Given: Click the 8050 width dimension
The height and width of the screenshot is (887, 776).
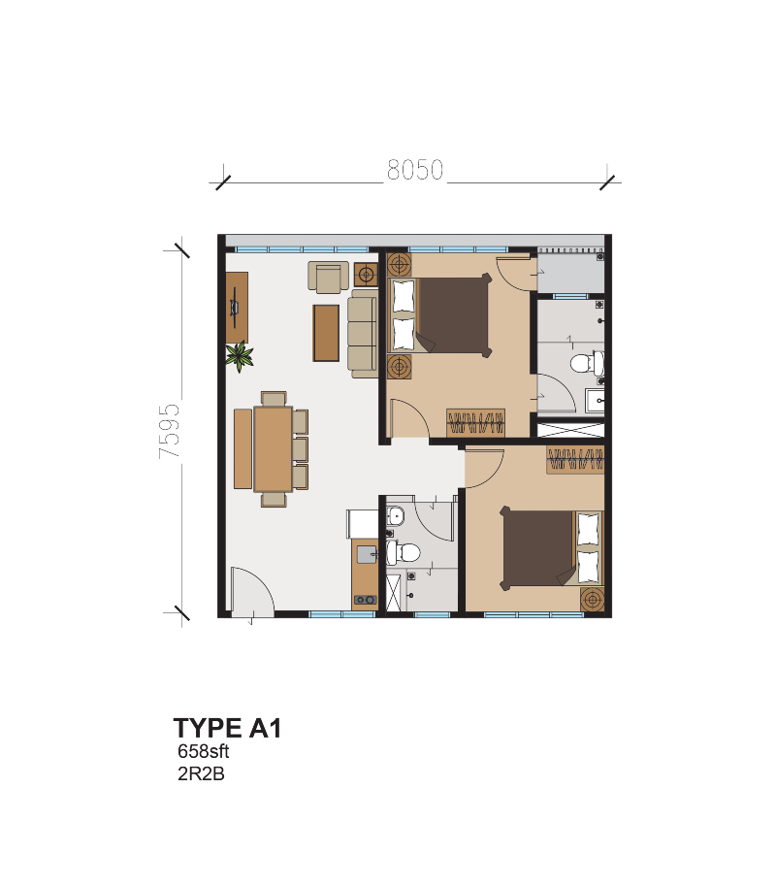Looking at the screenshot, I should point(414,170).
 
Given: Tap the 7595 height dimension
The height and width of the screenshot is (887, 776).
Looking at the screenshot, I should point(170,430).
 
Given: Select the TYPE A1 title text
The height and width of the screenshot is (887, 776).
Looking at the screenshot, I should point(227,728).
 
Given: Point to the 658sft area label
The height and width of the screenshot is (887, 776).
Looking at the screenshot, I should point(203,751).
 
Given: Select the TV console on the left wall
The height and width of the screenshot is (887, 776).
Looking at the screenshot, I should point(237,307).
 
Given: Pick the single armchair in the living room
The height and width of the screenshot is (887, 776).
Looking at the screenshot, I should point(329,277).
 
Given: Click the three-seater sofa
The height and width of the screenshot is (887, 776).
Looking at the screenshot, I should point(364,333).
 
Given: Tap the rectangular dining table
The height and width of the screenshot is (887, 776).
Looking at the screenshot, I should point(273,448).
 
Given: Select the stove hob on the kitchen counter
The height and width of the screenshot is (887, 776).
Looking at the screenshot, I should point(365,600).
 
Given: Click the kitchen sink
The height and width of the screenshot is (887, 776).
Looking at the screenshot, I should point(366,554).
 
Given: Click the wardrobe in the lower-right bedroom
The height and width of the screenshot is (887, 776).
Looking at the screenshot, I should point(575,459).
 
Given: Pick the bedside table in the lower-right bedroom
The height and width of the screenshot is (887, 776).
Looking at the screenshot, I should point(591,600).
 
